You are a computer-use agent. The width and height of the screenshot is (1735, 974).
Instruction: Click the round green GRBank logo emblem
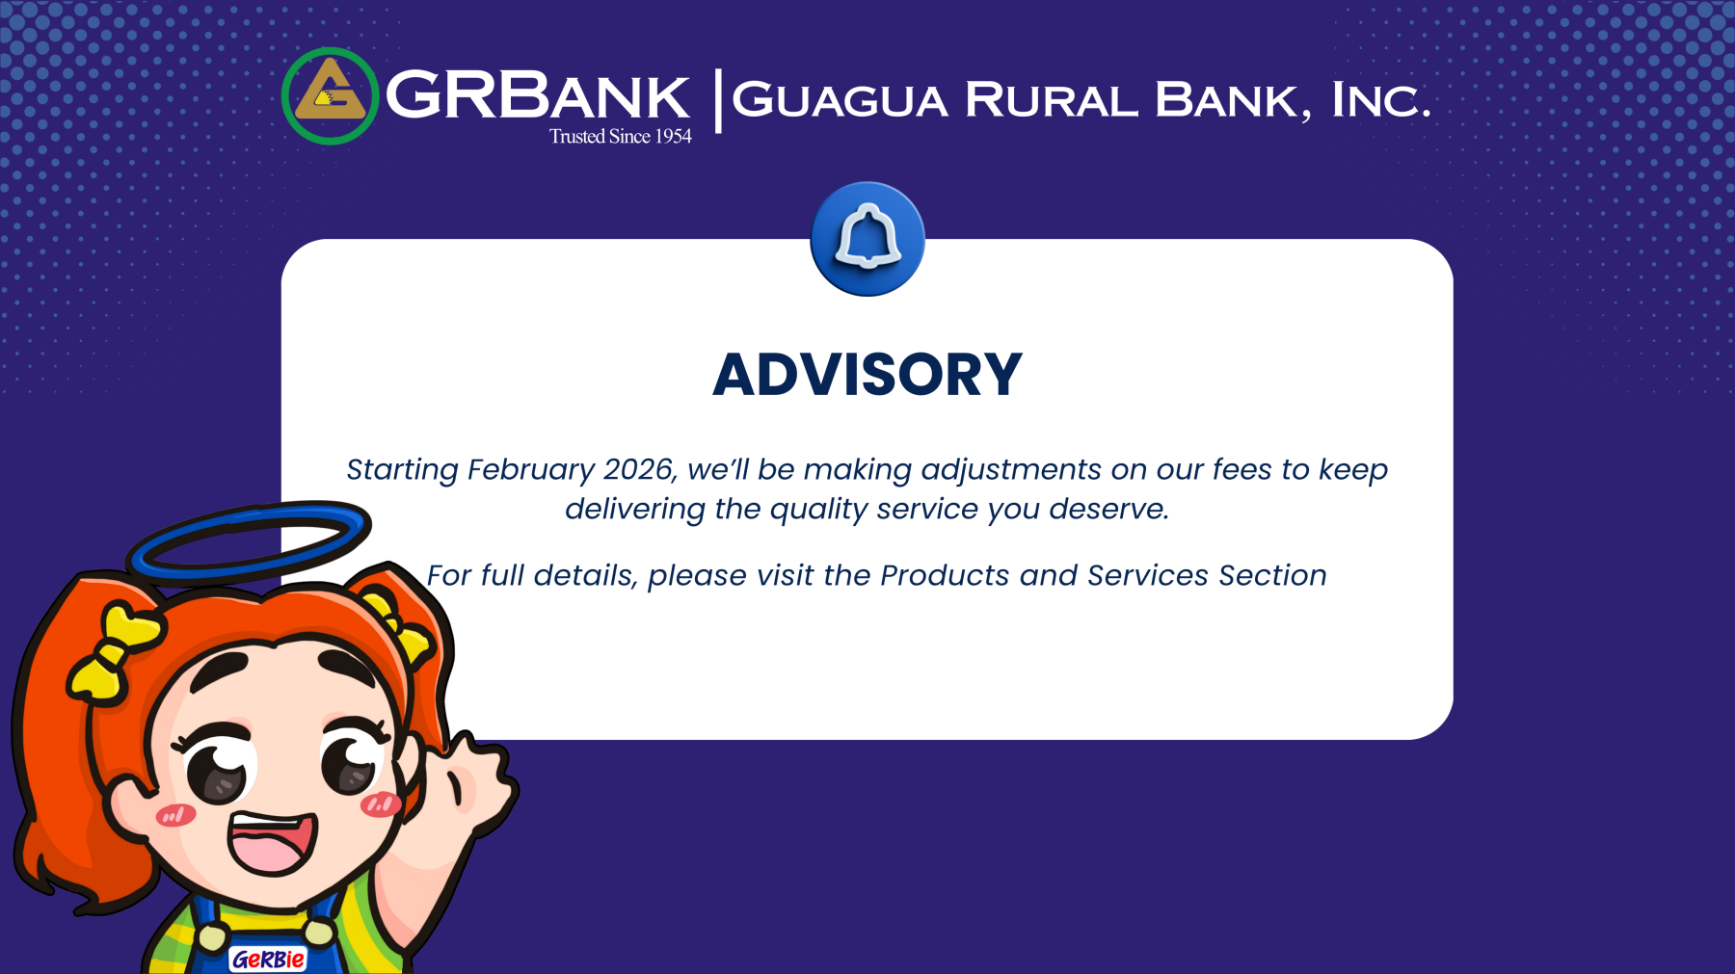[x=330, y=96]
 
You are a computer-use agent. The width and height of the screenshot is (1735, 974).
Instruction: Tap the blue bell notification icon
[x=867, y=239]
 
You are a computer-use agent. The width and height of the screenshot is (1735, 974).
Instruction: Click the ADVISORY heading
[x=867, y=374]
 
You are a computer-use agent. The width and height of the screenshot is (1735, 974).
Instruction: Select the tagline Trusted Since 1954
[x=621, y=137]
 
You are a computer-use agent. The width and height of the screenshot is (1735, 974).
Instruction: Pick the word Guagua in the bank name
[x=841, y=100]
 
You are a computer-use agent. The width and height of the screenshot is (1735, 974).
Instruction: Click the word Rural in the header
[x=1051, y=100]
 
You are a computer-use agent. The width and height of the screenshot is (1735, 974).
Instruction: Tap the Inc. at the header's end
[x=1380, y=100]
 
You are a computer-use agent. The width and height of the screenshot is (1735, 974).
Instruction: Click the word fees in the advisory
[x=1241, y=469]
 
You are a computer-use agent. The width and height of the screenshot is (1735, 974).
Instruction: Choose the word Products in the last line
[x=945, y=575]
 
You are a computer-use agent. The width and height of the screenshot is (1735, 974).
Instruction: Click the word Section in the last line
[x=1272, y=575]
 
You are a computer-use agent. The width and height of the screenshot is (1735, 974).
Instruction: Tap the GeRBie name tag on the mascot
[x=268, y=960]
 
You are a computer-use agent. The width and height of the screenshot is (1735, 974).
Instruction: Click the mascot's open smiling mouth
[x=273, y=841]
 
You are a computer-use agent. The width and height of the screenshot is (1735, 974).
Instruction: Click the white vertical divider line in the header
[x=717, y=100]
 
